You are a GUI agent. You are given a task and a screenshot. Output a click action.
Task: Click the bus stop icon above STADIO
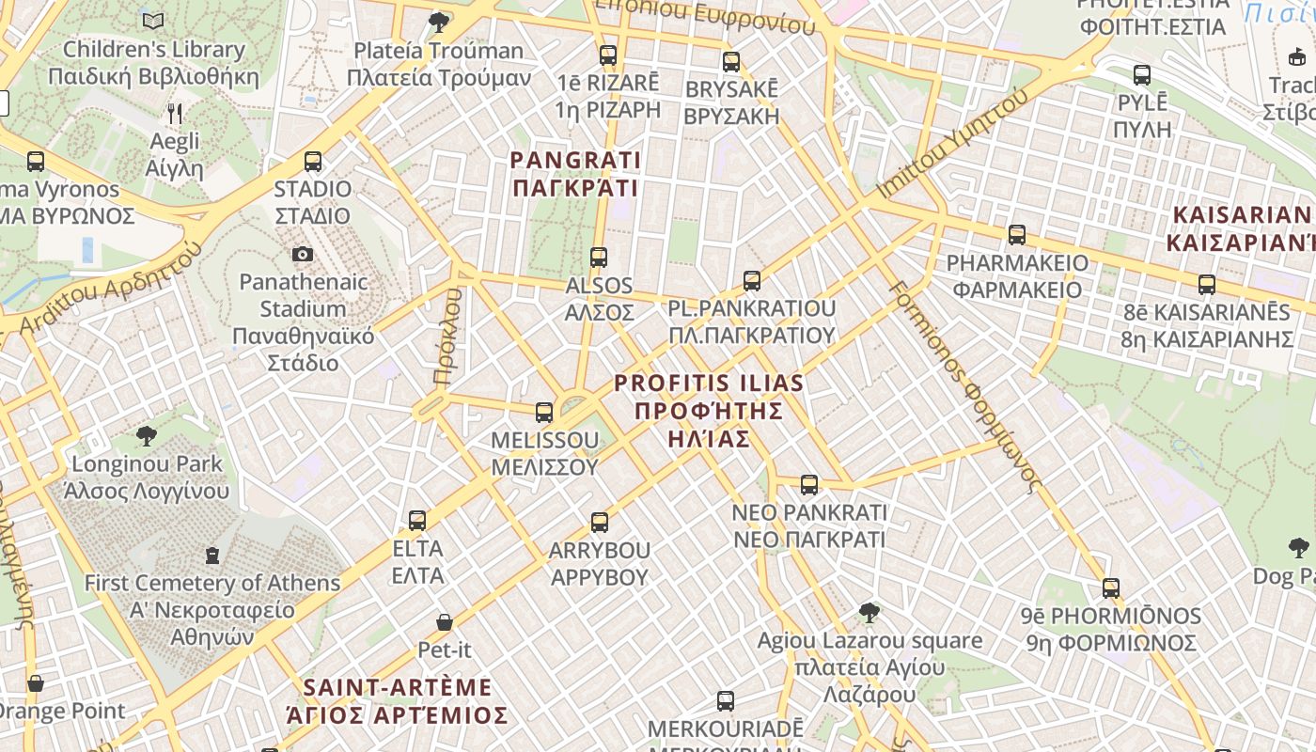click(313, 162)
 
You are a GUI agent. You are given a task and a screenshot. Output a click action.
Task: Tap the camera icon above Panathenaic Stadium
click(302, 254)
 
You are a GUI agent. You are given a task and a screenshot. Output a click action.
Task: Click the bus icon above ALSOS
click(598, 257)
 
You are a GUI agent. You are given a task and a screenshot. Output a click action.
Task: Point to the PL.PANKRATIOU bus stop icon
click(751, 280)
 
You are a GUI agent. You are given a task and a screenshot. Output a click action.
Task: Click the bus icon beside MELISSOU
click(543, 412)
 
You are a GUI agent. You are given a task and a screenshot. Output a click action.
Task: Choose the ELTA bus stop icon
click(417, 520)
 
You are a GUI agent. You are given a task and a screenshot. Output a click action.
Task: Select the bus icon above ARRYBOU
click(599, 523)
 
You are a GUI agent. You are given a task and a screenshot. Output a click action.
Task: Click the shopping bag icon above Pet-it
click(445, 622)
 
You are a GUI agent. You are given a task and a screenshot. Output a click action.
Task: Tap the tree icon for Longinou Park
click(146, 435)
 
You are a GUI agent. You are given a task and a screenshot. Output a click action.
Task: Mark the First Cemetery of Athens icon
click(212, 556)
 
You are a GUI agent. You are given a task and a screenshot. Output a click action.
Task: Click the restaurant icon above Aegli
click(175, 114)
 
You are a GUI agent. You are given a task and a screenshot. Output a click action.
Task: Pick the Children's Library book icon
click(153, 21)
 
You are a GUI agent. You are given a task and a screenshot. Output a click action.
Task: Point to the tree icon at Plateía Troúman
click(438, 22)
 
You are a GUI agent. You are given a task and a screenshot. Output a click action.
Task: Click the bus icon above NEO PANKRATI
click(808, 485)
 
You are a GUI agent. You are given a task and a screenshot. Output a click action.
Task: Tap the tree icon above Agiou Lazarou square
click(869, 613)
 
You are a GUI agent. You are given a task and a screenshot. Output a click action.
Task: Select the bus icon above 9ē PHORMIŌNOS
click(1111, 588)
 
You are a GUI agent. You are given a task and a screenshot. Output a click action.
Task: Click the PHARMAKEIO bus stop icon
click(1016, 235)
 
